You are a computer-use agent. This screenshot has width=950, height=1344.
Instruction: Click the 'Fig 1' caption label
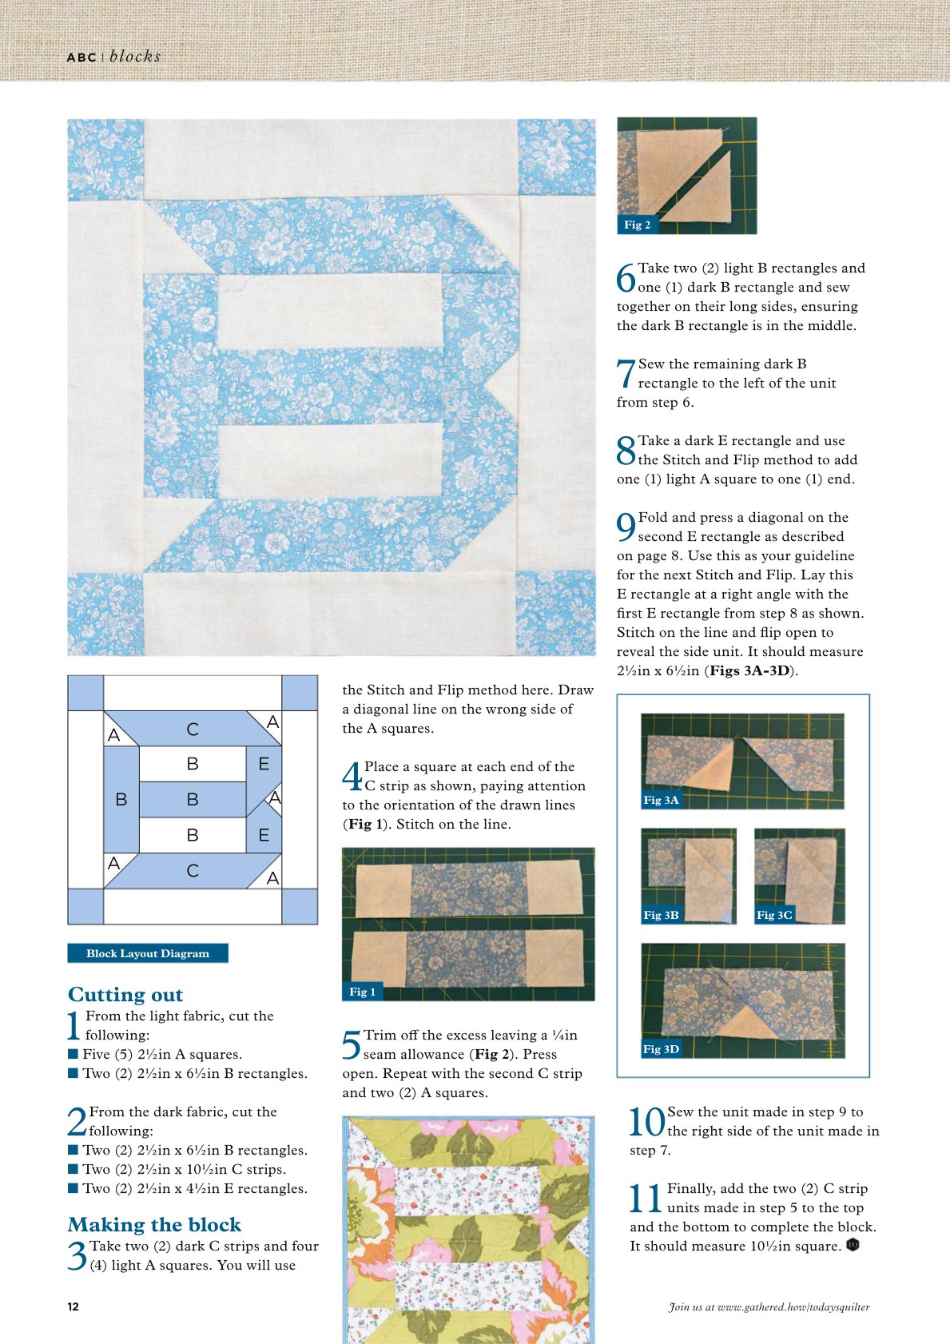pos(363,992)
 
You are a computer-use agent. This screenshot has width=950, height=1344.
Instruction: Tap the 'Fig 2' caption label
pos(638,225)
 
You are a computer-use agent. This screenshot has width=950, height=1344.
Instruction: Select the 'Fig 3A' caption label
pos(662,800)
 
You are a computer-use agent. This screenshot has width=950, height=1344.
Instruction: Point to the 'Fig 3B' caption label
pos(662,915)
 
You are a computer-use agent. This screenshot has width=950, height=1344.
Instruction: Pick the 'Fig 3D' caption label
pos(662,1049)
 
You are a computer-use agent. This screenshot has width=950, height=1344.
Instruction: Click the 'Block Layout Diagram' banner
pos(148,953)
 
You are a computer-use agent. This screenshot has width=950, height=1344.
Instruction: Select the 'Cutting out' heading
pos(125,994)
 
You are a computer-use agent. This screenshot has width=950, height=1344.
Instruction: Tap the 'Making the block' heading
pos(154,1225)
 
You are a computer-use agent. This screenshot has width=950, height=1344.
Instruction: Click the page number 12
pos(74,1306)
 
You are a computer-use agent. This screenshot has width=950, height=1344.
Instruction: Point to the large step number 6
pos(626,278)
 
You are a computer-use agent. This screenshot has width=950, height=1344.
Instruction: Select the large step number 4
pos(352,777)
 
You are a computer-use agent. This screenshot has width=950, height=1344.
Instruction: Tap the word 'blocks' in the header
pos(135,57)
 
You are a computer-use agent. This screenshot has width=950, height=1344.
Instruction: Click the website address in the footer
pos(769,1306)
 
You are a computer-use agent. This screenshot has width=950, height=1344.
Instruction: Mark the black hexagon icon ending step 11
pos(853,1245)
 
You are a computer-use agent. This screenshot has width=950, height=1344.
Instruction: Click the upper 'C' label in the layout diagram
pos(193,729)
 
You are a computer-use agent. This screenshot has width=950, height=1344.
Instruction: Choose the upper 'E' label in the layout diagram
pos(264,764)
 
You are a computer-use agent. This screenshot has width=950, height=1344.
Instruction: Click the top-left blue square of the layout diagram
pos(85,693)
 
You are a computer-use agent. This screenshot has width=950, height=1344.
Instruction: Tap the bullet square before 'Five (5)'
pos(74,1054)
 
